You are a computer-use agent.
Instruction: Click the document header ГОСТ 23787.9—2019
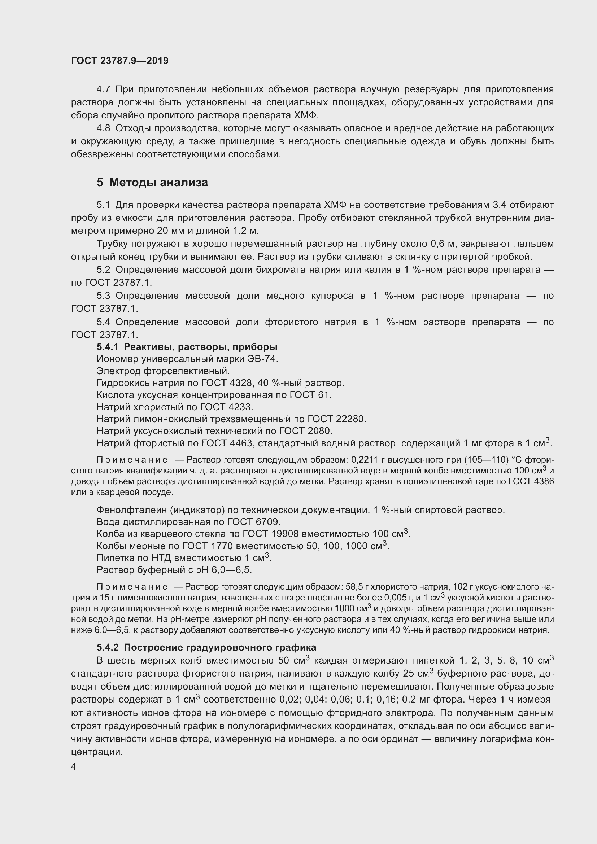[x=119, y=61]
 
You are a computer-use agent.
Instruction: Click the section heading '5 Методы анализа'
[x=152, y=182]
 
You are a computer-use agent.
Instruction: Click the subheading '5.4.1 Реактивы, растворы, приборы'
[x=187, y=347]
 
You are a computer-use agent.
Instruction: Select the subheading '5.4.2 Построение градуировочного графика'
[x=206, y=647]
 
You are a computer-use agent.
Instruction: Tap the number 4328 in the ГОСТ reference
[x=241, y=383]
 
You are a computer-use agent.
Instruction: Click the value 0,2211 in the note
[x=363, y=460]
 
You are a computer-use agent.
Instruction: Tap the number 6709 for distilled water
[x=268, y=522]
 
